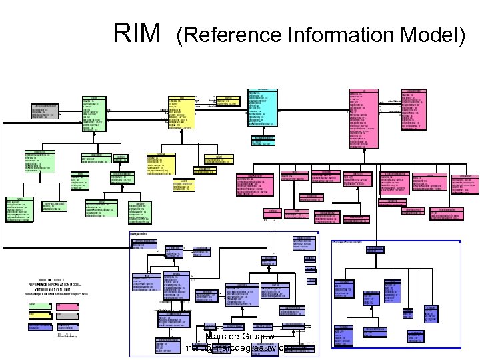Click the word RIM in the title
tap(137, 31)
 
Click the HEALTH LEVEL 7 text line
tap(53, 279)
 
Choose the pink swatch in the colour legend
tap(68, 306)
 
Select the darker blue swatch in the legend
tap(40, 326)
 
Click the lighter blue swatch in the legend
tap(68, 326)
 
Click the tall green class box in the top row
tap(94, 113)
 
